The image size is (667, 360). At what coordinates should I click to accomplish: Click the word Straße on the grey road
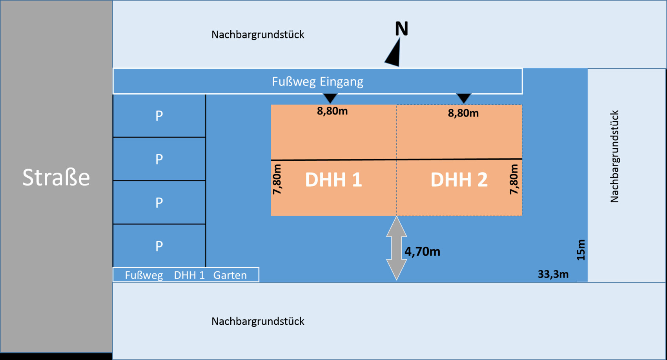coord(56,177)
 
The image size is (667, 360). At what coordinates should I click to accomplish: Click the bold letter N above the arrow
coord(401,29)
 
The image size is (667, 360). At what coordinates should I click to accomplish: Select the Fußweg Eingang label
coord(317,82)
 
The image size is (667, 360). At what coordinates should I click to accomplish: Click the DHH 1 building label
coord(333,180)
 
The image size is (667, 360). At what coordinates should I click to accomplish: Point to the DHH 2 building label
coord(459,180)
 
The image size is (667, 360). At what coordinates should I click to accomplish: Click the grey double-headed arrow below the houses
coord(396,248)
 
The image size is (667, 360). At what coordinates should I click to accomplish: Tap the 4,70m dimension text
coord(422,251)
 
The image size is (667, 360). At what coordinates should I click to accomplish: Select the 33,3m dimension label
coord(553,274)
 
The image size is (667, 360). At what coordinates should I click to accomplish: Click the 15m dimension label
coord(581,250)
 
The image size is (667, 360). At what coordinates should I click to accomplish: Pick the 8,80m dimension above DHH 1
coord(332,111)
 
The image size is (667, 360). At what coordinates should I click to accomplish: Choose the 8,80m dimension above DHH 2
coord(463,113)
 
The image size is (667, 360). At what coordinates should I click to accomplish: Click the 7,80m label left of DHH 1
coord(277,179)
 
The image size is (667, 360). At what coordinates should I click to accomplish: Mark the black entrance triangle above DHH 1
coord(330,98)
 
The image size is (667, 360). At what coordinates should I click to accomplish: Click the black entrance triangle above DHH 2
coord(464,98)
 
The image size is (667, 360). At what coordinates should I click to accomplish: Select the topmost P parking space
coord(159,116)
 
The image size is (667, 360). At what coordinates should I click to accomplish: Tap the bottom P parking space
coord(159,246)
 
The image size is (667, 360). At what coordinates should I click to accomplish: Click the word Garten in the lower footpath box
coord(230,275)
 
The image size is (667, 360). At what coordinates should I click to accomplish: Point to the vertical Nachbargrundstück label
coord(614,156)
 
